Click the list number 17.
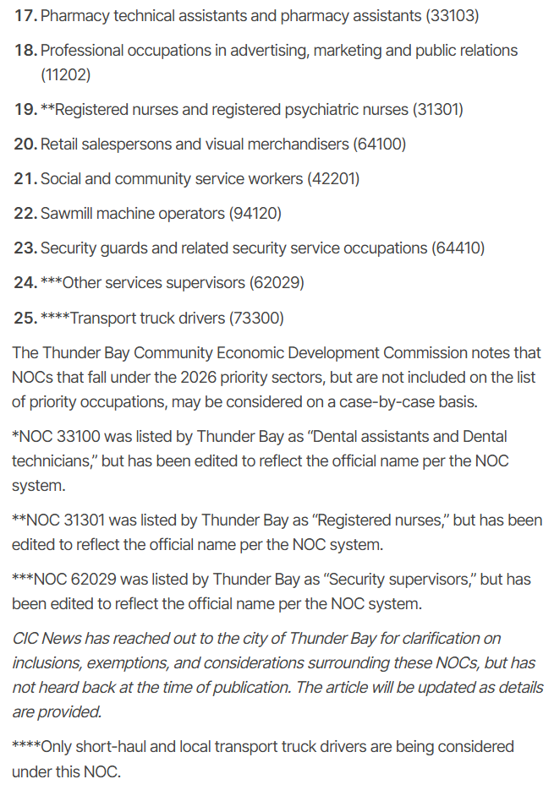click(x=25, y=15)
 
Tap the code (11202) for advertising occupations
click(x=65, y=74)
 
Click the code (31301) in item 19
click(x=437, y=110)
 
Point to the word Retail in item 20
click(x=62, y=144)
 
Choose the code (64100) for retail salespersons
click(x=379, y=144)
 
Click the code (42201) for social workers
click(x=333, y=179)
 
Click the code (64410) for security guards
click(x=458, y=248)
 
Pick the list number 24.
click(x=25, y=283)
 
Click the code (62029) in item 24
click(x=277, y=283)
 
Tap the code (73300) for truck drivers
click(x=256, y=318)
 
